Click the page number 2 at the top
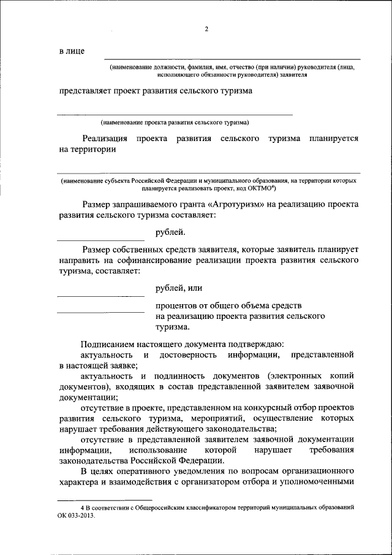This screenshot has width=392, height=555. coord(206,29)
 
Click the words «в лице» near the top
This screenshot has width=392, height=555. coord(72,51)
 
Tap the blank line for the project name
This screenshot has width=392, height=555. coord(175,114)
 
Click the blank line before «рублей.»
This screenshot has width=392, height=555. coord(100,239)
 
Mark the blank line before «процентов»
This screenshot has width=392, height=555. coord(100,312)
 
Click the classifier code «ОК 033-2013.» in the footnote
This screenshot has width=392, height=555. coord(77,516)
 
